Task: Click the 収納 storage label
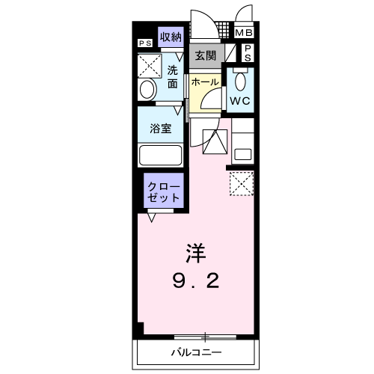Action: [171, 37]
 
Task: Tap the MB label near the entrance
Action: [245, 33]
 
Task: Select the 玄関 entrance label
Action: [206, 55]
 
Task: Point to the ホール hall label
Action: [204, 82]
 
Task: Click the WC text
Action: [240, 99]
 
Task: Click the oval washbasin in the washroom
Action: [147, 91]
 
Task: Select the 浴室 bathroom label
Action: [161, 128]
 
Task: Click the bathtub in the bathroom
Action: [160, 156]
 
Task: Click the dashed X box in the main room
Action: [241, 184]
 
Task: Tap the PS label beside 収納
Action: [144, 43]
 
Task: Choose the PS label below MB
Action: [248, 52]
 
